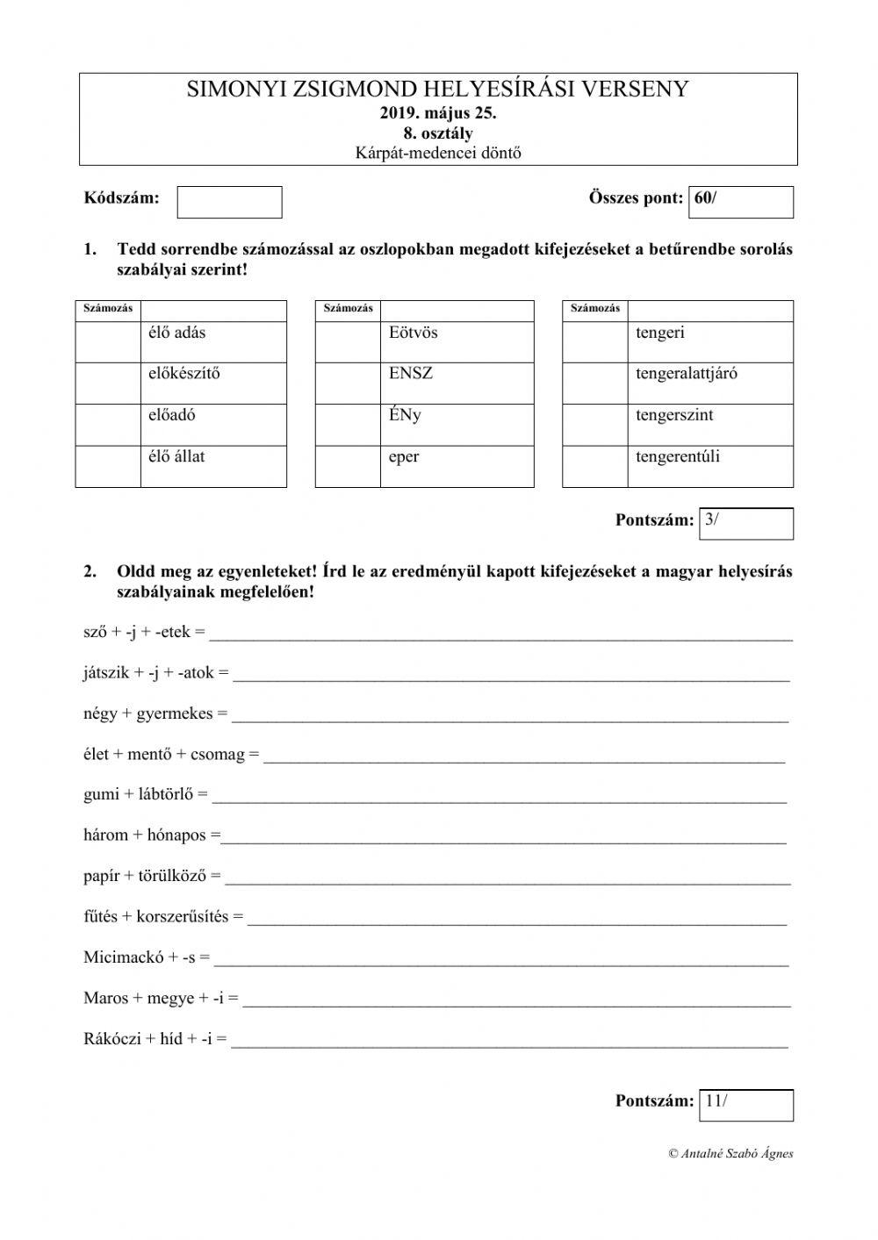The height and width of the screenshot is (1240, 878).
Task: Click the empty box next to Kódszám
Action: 229,202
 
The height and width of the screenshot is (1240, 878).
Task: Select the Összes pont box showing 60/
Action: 741,202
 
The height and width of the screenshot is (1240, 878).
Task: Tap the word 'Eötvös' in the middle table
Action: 413,333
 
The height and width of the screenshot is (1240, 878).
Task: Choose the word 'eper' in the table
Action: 404,457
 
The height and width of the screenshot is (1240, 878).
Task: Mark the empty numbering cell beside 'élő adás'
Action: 108,341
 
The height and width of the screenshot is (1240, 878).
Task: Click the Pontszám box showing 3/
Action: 745,523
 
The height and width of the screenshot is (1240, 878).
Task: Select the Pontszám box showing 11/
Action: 745,1105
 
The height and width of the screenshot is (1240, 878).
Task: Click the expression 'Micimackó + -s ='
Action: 147,957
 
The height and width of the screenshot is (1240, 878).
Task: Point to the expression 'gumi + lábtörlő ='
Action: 146,794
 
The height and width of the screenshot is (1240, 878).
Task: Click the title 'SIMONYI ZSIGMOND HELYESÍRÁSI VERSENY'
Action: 438,90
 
